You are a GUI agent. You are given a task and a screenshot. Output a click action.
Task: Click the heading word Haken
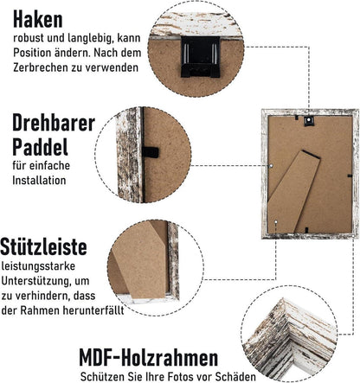coord(38,20)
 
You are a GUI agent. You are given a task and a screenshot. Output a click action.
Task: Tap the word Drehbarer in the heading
coord(54,123)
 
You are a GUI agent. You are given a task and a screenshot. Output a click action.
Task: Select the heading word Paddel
coord(40,147)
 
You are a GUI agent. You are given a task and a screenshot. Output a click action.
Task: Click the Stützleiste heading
coord(43,246)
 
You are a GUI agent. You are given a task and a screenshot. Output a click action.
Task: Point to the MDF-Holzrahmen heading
coord(149,357)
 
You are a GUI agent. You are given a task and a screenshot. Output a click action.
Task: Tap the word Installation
coord(39,181)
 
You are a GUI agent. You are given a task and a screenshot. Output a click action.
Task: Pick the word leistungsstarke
coord(38,266)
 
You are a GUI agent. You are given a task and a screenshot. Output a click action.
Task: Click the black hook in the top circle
coord(200,57)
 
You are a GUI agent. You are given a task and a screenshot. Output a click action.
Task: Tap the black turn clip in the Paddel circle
coord(150,152)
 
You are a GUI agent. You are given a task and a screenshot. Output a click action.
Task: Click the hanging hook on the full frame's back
coord(308,121)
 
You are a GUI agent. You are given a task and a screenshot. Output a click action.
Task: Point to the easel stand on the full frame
coord(294,191)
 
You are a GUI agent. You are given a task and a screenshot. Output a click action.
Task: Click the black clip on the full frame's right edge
coord(350,176)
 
